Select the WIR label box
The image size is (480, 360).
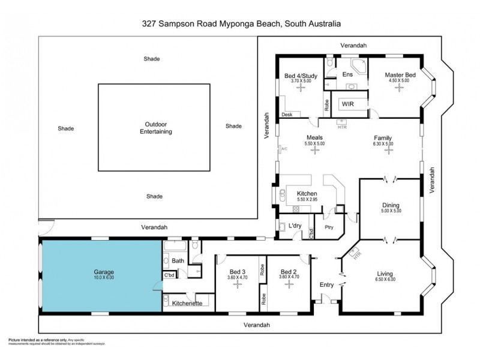coord(347,104)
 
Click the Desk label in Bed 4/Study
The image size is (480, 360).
coord(287,114)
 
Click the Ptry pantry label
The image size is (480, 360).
coord(329,227)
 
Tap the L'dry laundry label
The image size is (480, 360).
coord(295,226)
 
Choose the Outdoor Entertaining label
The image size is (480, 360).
coord(154,127)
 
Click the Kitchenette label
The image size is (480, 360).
coord(187,304)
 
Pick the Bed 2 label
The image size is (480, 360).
coord(288,271)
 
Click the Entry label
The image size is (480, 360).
coord(326,284)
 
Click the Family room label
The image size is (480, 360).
coord(383,137)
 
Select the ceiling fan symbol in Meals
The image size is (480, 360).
coord(314,151)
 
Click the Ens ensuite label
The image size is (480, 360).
coord(347,74)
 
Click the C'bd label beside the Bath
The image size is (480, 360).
coord(169,276)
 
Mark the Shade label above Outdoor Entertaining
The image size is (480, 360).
coord(151,59)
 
